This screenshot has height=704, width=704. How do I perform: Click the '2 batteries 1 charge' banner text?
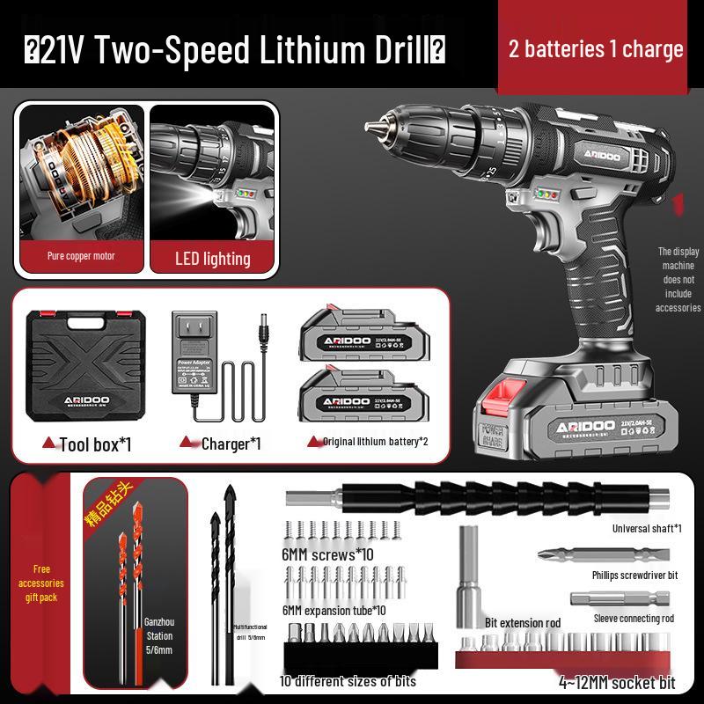pyautogui.click(x=596, y=48)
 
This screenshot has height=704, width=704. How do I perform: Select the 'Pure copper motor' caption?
pyautogui.click(x=81, y=256)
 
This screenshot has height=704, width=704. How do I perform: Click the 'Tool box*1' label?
pyautogui.click(x=95, y=444)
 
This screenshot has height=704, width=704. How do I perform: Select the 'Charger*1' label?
pyautogui.click(x=231, y=444)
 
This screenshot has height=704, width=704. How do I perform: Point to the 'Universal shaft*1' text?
pyautogui.click(x=647, y=529)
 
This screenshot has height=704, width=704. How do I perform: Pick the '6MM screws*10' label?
pyautogui.click(x=327, y=555)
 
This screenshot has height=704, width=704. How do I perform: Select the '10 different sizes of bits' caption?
pyautogui.click(x=348, y=681)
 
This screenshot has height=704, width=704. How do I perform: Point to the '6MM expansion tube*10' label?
pyautogui.click(x=334, y=610)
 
